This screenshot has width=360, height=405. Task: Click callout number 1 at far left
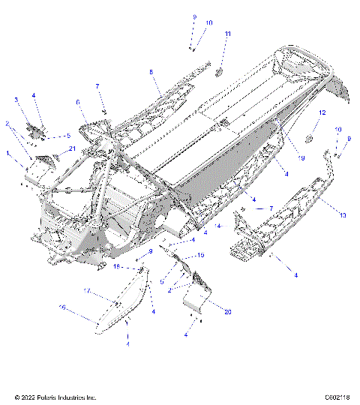coord(7,154)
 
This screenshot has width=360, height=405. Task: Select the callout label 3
coord(16,99)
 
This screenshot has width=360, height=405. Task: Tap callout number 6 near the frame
coord(76,102)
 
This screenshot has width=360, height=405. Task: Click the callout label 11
coord(228,34)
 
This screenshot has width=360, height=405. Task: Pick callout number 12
coord(322,112)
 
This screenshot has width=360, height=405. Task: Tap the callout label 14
coord(219,224)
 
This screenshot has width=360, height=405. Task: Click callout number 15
coord(200,256)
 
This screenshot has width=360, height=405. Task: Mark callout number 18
coord(117,266)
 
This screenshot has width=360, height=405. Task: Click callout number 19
coord(301,158)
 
